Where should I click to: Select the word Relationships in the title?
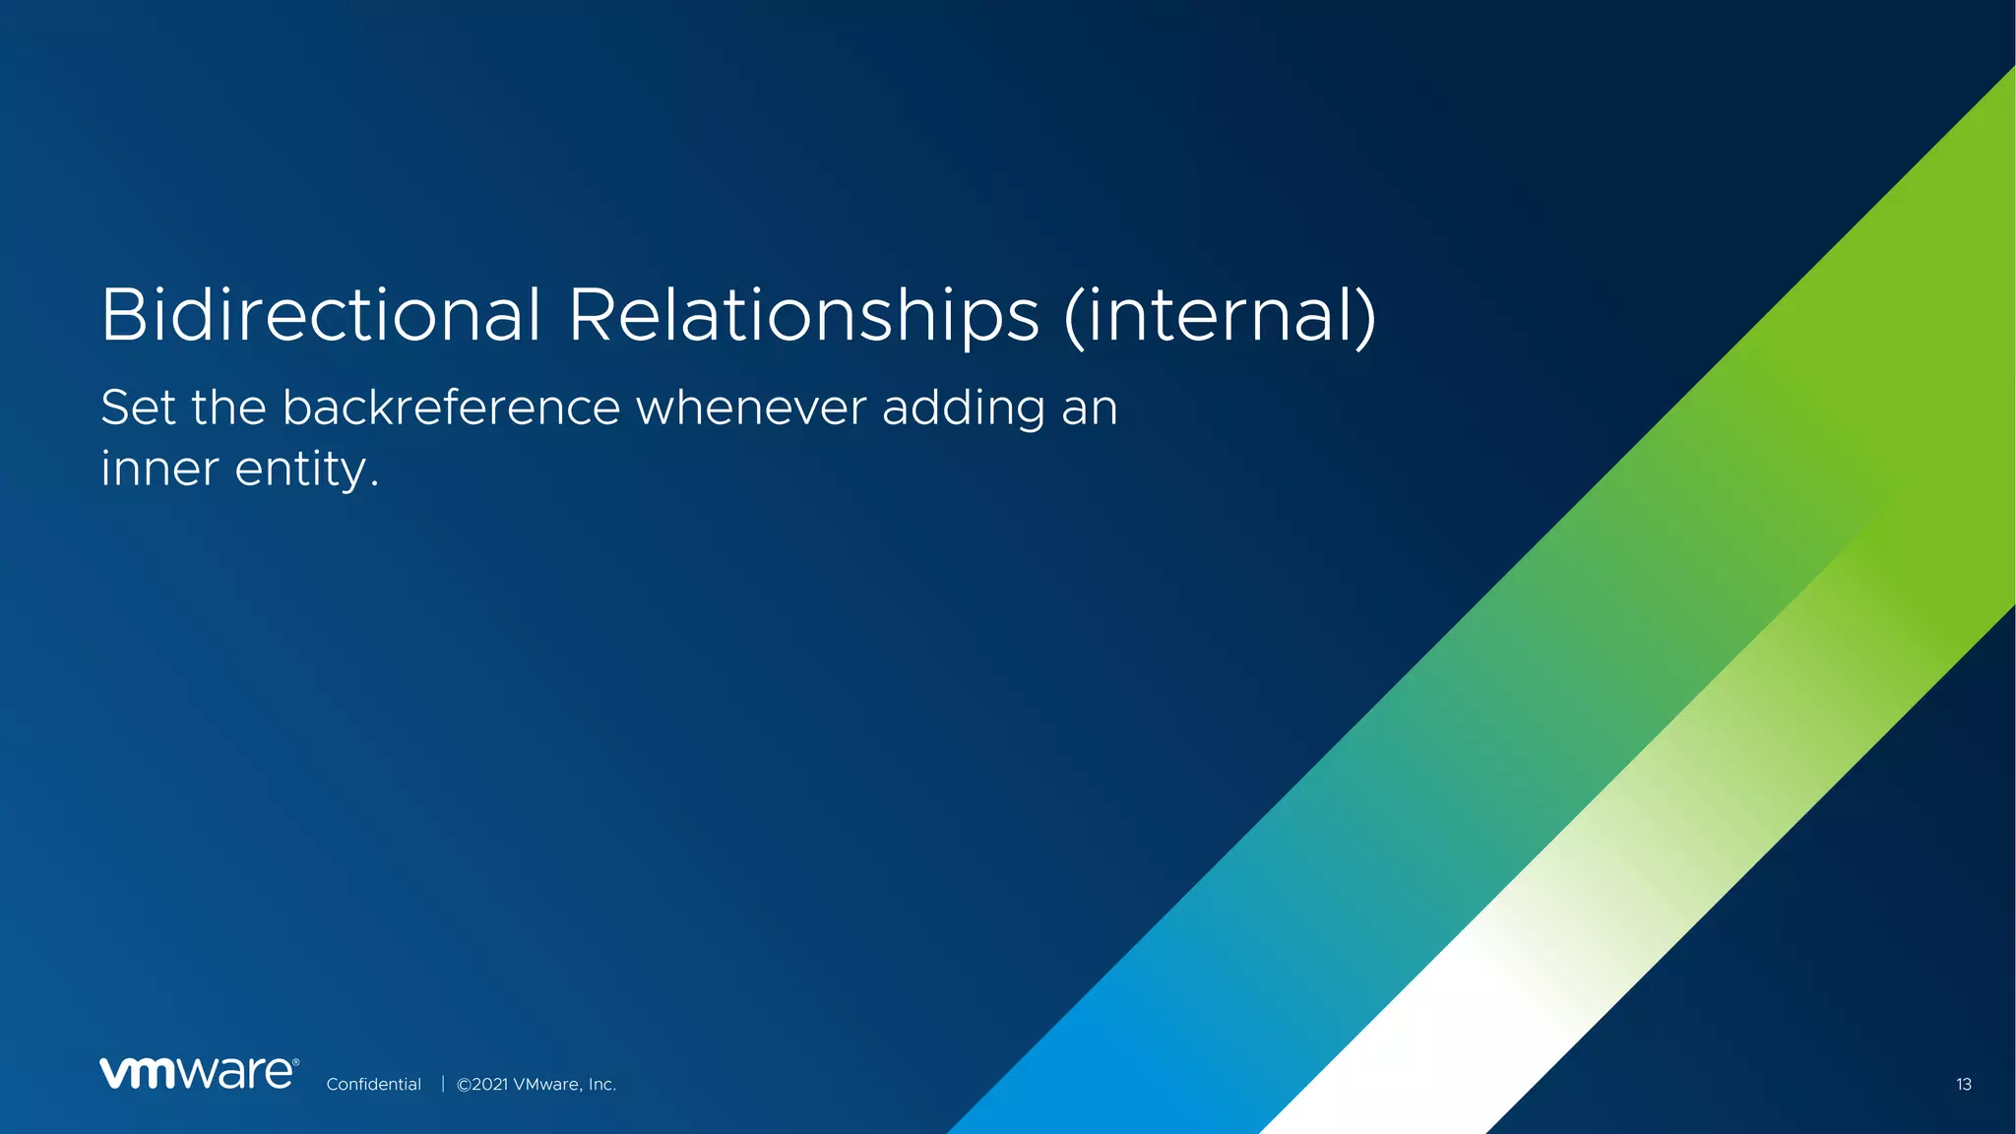pyautogui.click(x=803, y=317)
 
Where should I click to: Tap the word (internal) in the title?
pyautogui.click(x=1220, y=317)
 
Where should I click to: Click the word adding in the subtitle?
pyautogui.click(x=963, y=409)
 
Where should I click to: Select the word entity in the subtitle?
pyautogui.click(x=299, y=471)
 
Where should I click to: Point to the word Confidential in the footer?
pyautogui.click(x=373, y=1085)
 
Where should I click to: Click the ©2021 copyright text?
pyautogui.click(x=482, y=1085)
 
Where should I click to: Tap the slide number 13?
pyautogui.click(x=1963, y=1085)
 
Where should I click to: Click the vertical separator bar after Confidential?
pyautogui.click(x=443, y=1084)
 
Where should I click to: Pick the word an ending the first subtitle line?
pyautogui.click(x=1089, y=409)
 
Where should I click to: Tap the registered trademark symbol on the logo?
pyautogui.click(x=295, y=1062)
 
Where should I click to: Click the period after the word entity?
pyautogui.click(x=374, y=485)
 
